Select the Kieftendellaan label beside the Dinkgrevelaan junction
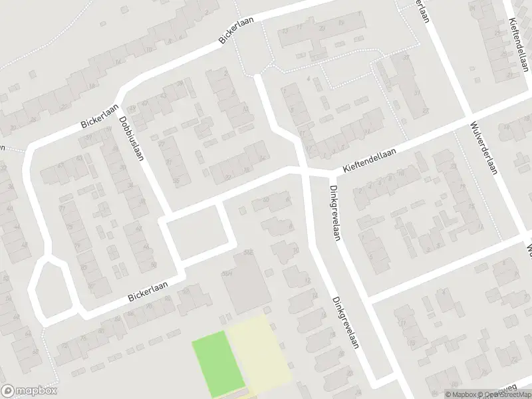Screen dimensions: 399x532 [370, 161]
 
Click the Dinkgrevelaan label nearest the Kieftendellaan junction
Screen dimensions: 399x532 [334, 212]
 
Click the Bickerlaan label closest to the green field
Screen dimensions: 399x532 [148, 288]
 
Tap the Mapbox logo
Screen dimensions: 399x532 [29, 391]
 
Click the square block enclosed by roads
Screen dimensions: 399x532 [198, 232]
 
